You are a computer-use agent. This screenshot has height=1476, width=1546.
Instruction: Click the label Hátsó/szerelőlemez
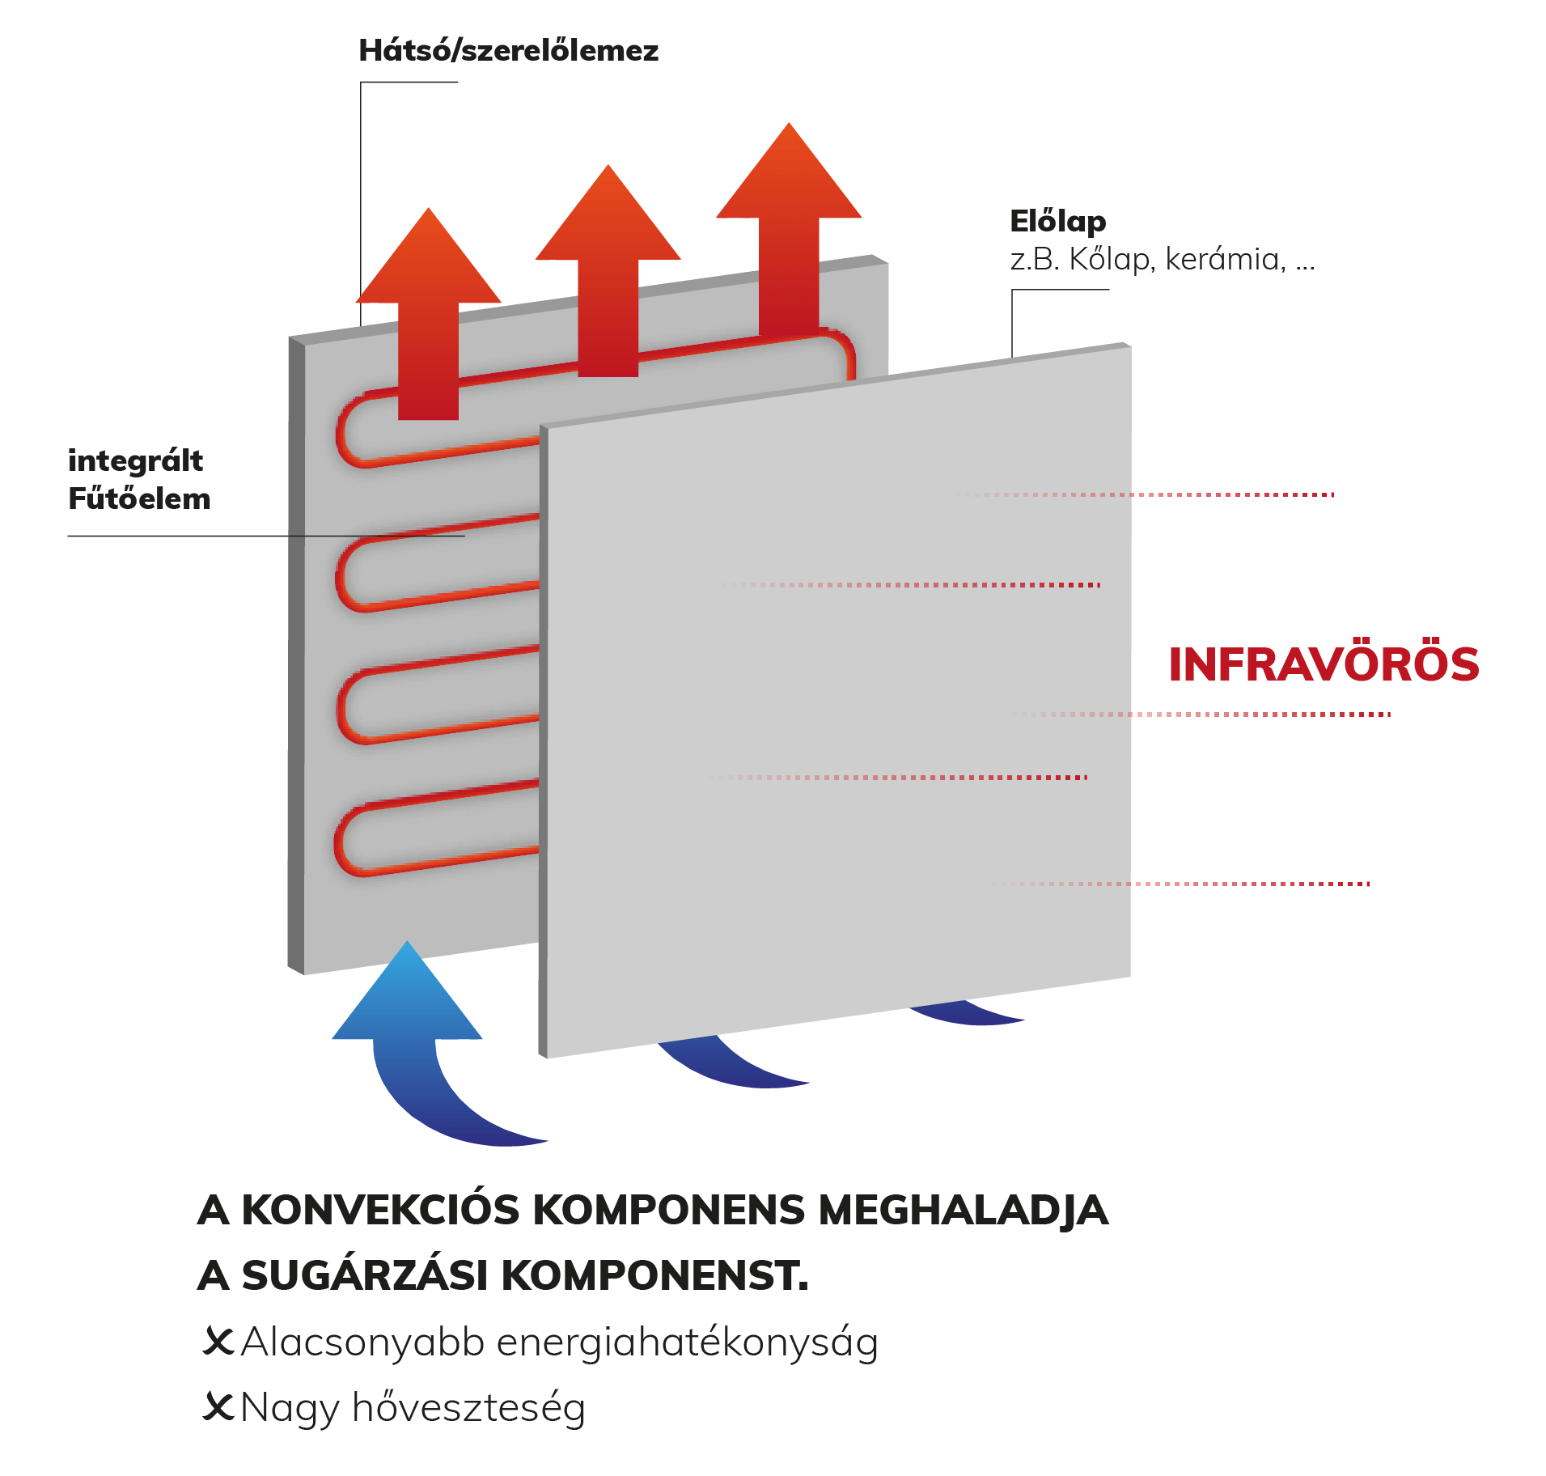coord(508,51)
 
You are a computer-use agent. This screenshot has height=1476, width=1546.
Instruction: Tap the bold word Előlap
coord(1057,222)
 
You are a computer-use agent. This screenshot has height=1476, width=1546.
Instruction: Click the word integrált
coord(135,461)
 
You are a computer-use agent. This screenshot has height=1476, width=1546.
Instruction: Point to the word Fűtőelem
coord(139,498)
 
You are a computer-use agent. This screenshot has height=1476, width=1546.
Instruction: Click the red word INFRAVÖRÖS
coord(1324,664)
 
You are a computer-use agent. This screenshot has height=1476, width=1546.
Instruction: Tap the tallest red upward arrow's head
coord(789,171)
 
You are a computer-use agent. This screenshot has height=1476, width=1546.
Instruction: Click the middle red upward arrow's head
coord(608,213)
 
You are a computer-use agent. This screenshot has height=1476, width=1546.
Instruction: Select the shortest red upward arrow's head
coord(429,256)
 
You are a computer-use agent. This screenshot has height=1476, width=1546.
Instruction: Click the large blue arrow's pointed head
coord(407,990)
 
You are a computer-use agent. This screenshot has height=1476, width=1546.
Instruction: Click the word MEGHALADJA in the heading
coord(963,1211)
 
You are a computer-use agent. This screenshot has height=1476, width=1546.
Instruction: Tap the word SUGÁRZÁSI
coord(365,1275)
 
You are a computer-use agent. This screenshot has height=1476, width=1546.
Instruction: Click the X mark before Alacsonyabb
coord(218,1341)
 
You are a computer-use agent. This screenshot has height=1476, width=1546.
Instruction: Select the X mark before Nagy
coord(218,1406)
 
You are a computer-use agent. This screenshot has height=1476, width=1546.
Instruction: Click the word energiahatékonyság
coord(687,1343)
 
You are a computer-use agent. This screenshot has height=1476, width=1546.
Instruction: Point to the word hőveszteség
coord(468,1408)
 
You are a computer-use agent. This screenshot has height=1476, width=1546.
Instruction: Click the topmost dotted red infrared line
coord(1145,494)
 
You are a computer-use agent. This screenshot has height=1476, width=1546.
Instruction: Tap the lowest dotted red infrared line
coord(1181,884)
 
